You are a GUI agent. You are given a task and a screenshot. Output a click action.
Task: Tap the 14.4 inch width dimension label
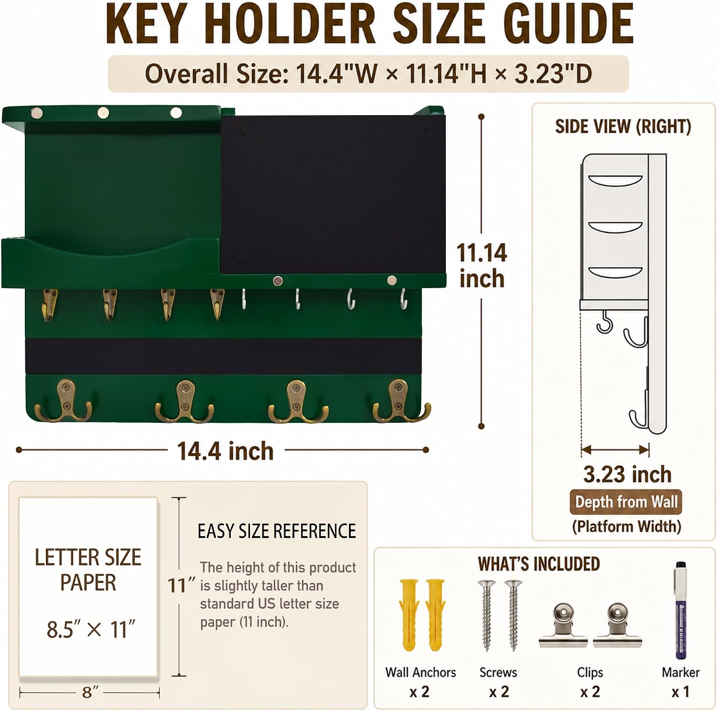pos(225,451)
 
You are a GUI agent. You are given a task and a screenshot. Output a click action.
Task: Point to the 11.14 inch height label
pos(482,266)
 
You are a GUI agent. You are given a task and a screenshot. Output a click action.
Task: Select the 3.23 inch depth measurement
pos(627,474)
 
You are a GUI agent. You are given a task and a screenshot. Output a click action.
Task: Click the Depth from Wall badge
pos(626,502)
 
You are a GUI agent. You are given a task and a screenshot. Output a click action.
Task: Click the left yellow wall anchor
pos(409,615)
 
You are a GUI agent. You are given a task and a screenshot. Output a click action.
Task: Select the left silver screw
pos(487,615)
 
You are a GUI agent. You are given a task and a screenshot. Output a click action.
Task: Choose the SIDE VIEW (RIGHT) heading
pos(623,127)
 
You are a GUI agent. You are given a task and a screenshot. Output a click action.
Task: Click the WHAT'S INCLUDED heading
pos(539,564)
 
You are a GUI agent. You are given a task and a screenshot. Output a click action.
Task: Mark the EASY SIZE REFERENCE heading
pos(277,531)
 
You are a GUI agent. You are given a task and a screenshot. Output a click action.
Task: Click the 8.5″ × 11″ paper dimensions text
pos(91,629)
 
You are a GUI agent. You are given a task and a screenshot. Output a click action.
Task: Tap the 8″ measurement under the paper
pos(90,692)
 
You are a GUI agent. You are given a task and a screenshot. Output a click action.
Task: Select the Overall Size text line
pos(368,74)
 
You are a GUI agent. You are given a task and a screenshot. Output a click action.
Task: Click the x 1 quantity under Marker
pos(680,692)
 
